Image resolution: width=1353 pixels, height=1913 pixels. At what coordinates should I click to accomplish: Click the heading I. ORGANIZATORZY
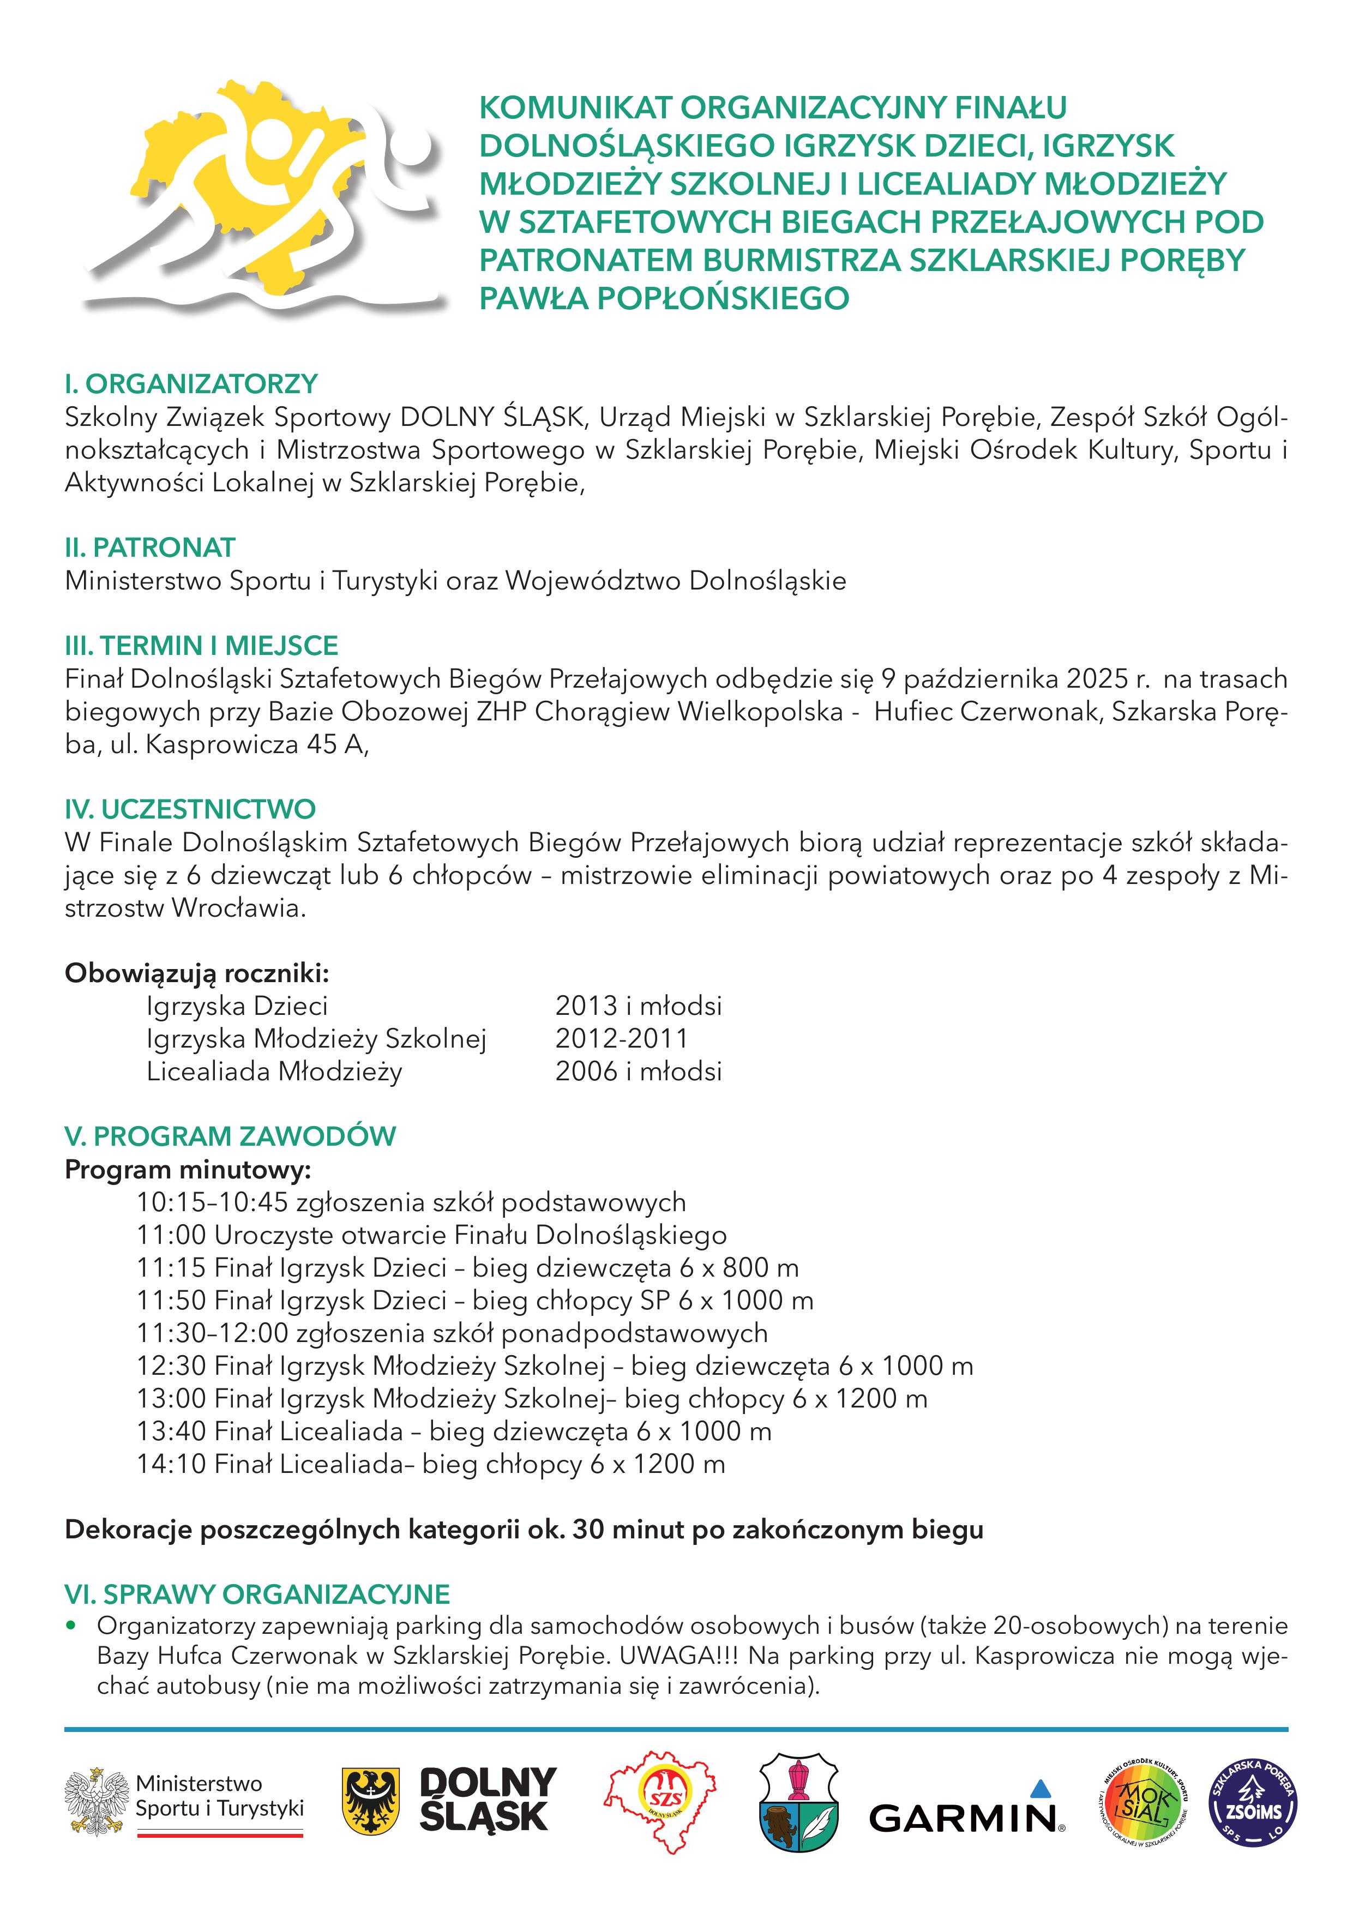click(191, 384)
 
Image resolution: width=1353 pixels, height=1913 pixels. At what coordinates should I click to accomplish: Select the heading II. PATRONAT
click(150, 548)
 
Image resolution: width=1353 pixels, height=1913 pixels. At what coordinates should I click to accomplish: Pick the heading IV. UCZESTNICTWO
click(191, 809)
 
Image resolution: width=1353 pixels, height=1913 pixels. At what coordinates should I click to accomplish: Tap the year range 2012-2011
click(622, 1038)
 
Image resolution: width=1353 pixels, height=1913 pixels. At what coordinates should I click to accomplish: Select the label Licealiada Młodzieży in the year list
click(274, 1072)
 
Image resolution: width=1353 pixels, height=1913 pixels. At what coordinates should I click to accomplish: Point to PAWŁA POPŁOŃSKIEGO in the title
click(664, 297)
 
